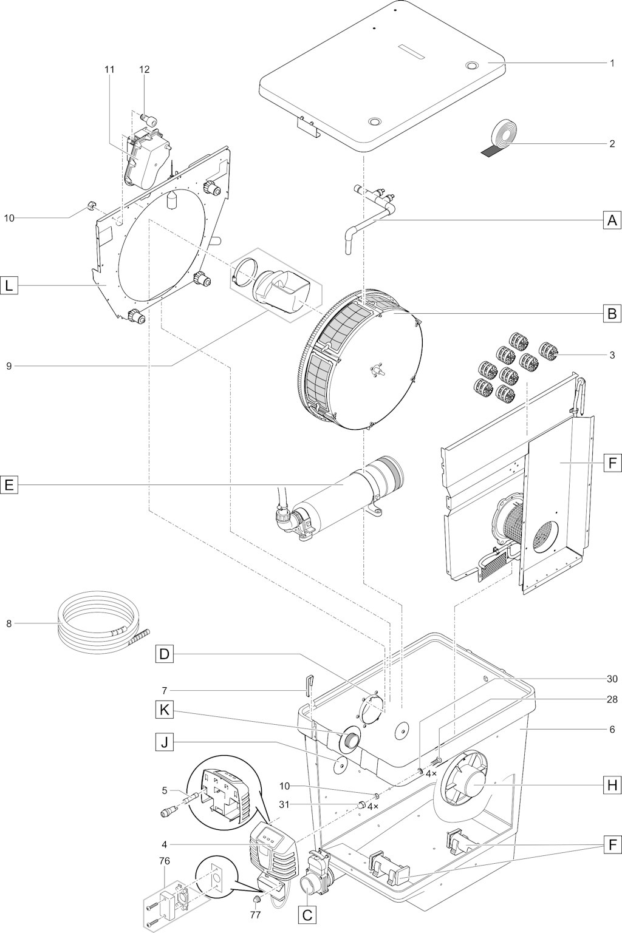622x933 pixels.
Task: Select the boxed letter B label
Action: [x=612, y=313]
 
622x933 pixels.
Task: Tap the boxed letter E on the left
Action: [x=10, y=485]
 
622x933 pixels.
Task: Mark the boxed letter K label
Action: [x=164, y=710]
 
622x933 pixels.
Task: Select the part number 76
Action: [x=165, y=861]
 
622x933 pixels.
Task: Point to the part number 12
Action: [x=144, y=70]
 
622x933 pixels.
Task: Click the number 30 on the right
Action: [x=612, y=679]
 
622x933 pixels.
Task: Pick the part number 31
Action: [x=284, y=805]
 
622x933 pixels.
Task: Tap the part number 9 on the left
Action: [x=9, y=367]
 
